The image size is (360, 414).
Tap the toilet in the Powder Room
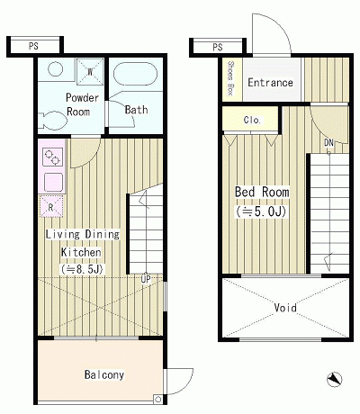click(x=53, y=121)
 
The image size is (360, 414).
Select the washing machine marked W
click(x=90, y=72)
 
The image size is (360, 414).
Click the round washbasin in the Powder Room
click(x=55, y=69)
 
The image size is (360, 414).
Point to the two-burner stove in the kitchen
click(x=52, y=157)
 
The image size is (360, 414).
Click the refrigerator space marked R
click(x=51, y=206)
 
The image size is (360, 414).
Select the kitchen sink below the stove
click(x=53, y=183)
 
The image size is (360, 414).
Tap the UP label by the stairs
click(x=146, y=279)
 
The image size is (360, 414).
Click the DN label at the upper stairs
click(x=328, y=143)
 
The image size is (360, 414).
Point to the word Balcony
click(x=104, y=374)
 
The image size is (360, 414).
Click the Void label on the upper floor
click(x=285, y=308)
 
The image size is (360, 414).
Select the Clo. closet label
click(x=252, y=121)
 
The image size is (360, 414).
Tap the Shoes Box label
click(x=230, y=78)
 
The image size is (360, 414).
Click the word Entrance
click(x=270, y=83)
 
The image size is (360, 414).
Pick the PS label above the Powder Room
click(x=33, y=46)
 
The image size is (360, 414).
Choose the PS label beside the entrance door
click(x=218, y=48)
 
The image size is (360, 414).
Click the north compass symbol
click(x=334, y=380)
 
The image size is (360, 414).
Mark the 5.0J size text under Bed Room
click(x=261, y=212)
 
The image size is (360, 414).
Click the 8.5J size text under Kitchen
click(x=82, y=269)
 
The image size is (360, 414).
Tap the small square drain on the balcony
click(x=157, y=400)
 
